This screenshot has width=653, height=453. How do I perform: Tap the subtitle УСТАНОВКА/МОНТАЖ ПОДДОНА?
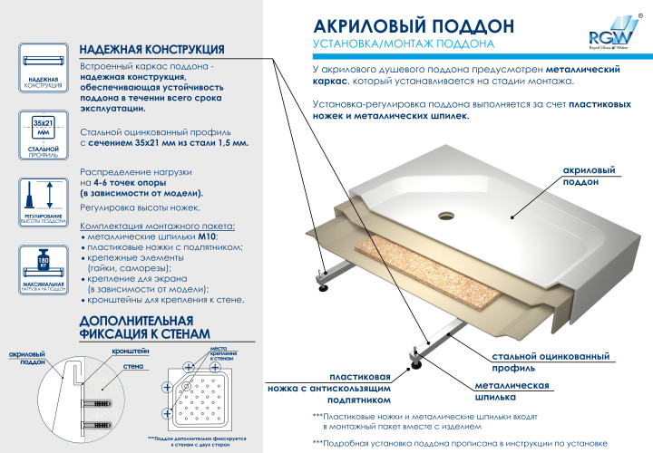[x=403, y=43]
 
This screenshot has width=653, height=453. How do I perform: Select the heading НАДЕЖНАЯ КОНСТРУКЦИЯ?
[x=151, y=48]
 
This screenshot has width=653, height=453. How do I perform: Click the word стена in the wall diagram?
[x=136, y=367]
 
